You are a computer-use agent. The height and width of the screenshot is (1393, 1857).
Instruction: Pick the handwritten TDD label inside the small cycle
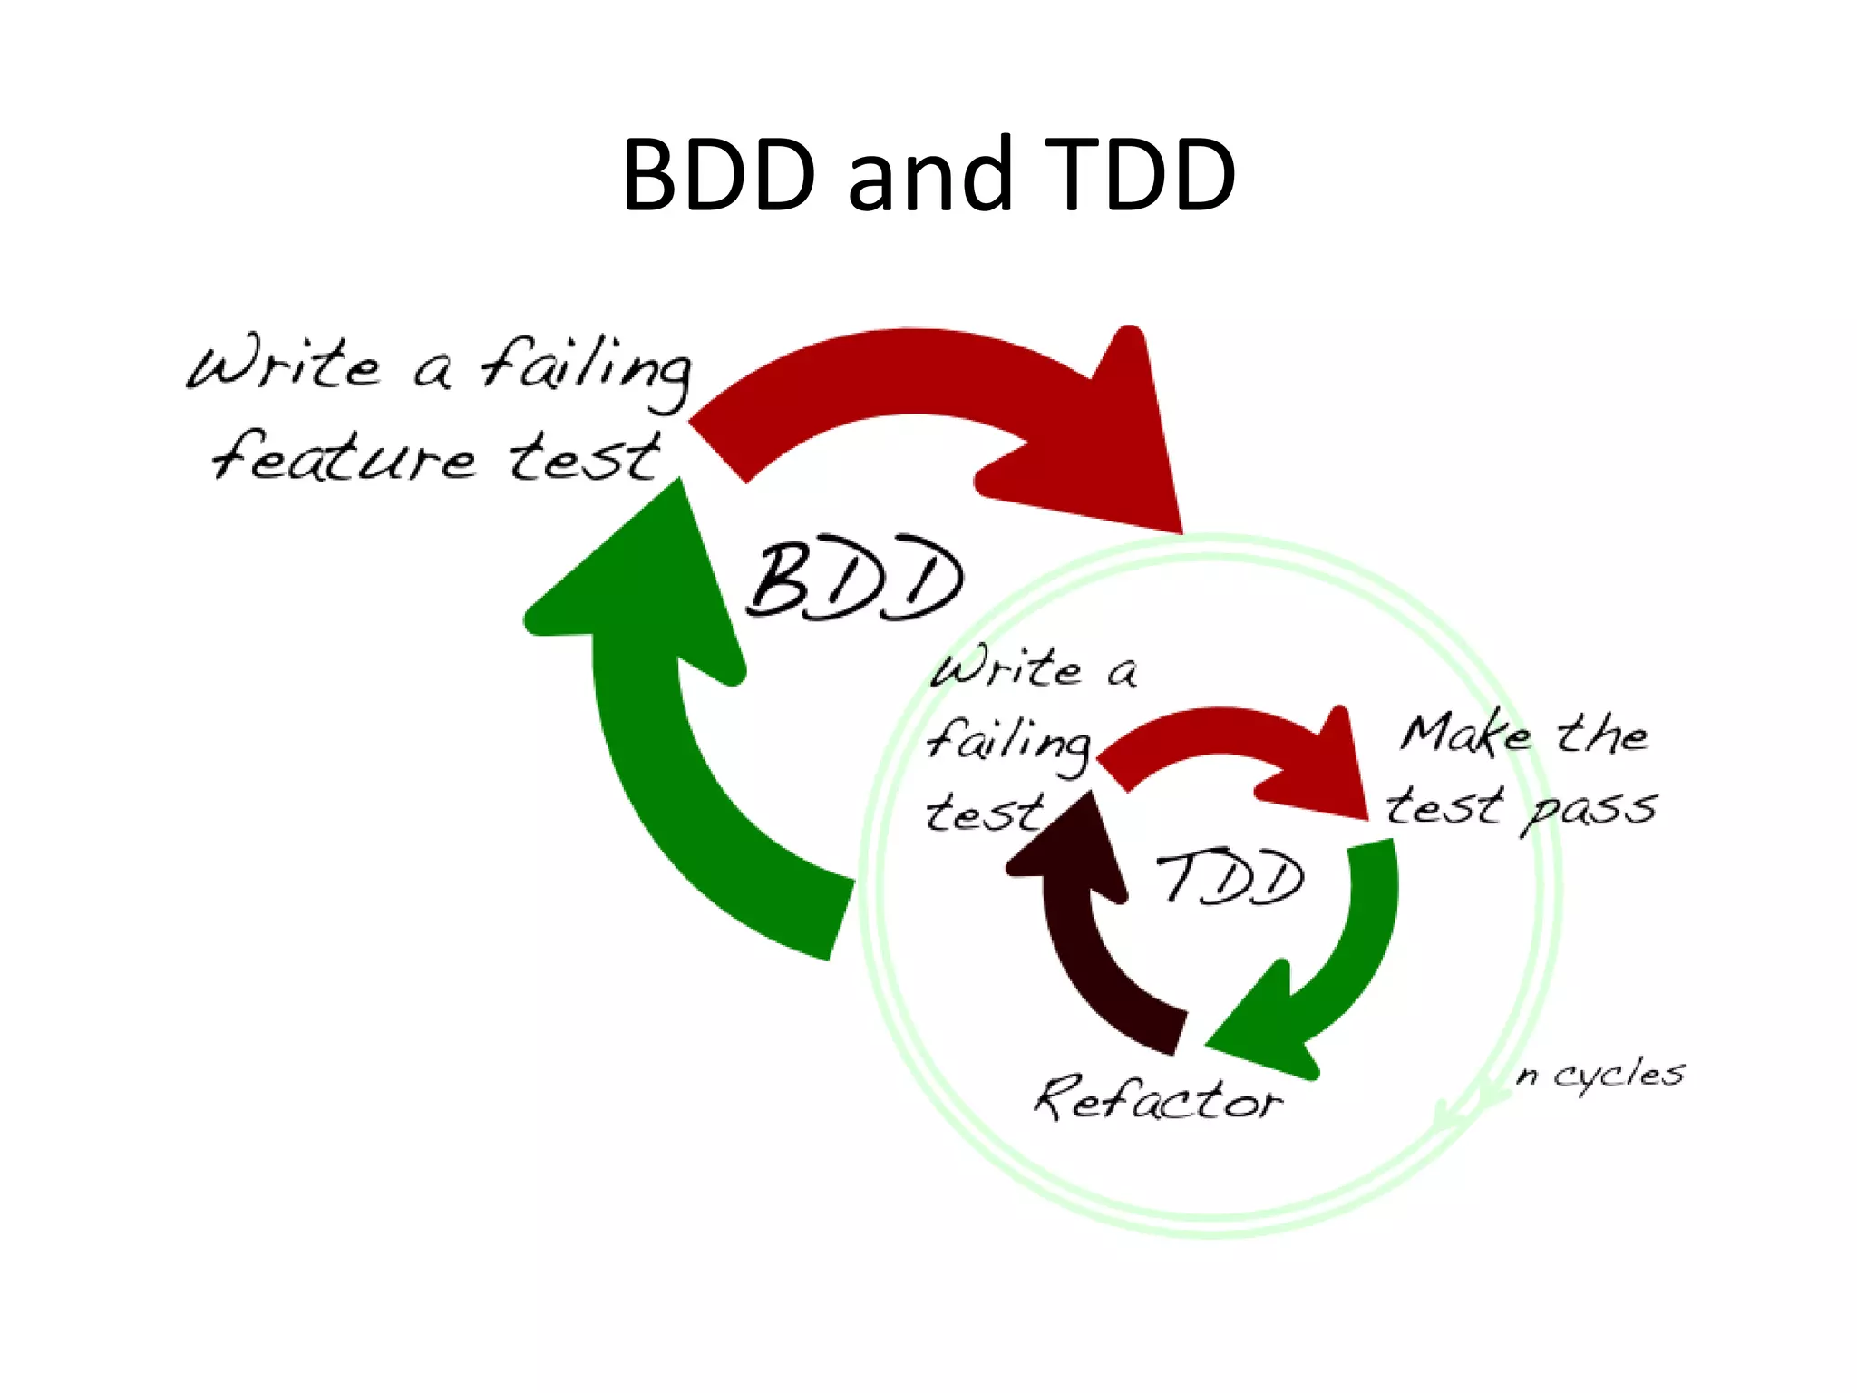(1230, 877)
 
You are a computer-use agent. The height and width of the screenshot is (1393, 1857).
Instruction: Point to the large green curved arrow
(671, 771)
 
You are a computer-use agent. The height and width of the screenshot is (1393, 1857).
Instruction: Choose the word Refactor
(1158, 1099)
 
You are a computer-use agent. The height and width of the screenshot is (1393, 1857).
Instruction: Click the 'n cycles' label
(1600, 1075)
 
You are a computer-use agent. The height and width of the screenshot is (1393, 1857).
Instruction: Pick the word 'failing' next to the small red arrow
(1008, 742)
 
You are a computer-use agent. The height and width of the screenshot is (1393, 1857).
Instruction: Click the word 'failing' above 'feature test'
(585, 368)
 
